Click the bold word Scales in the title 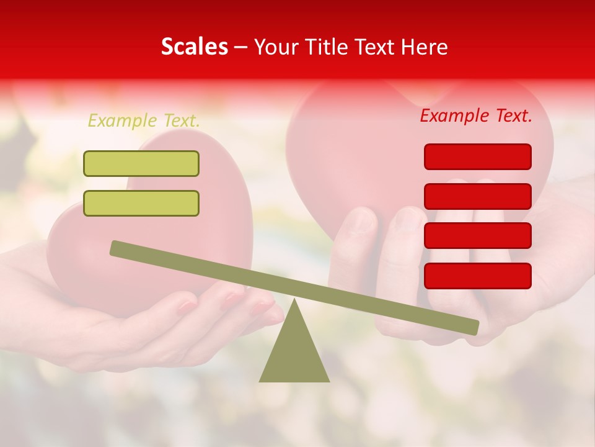click(x=194, y=47)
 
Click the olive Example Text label click(x=144, y=120)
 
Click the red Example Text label click(x=476, y=115)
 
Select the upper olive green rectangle click(x=141, y=163)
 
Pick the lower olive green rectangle click(x=141, y=203)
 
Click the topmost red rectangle click(x=477, y=156)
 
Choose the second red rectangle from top click(x=477, y=196)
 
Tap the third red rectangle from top click(x=477, y=236)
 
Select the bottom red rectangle click(x=477, y=276)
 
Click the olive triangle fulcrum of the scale click(x=294, y=354)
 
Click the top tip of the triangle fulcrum click(x=294, y=300)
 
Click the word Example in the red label click(x=454, y=115)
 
